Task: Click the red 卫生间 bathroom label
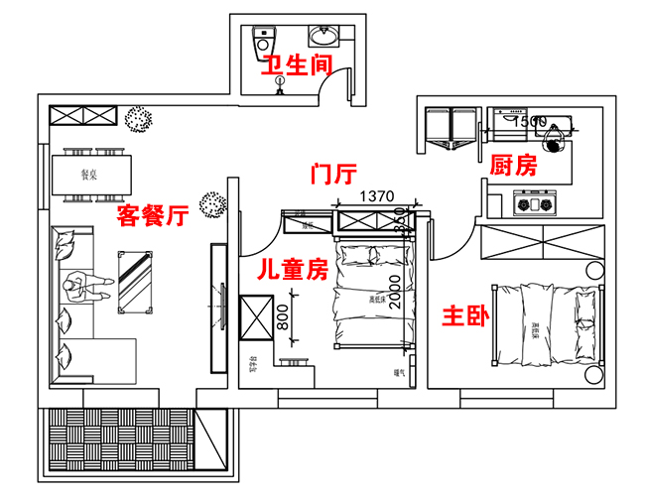coord(296,66)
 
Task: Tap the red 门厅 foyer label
coord(333,176)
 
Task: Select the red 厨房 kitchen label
coord(513,166)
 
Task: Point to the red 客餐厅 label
coord(153,215)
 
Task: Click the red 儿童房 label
coord(293,269)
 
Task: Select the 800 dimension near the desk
coord(283,318)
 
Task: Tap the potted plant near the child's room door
coord(211,204)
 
